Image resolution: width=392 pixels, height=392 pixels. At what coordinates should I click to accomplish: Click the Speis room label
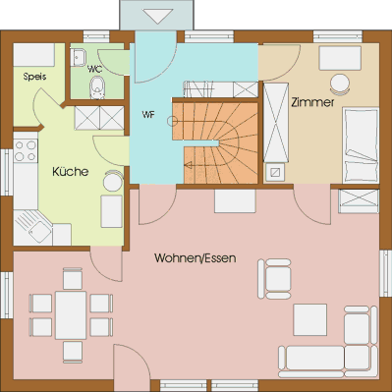coord(34,77)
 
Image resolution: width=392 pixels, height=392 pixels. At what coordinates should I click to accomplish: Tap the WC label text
coord(94,69)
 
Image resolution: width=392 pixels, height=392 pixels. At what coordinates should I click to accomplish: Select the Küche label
coord(71,172)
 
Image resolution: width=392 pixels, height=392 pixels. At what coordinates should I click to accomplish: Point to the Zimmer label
coord(312,102)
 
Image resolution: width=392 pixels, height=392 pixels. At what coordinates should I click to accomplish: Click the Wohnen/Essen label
coord(196,258)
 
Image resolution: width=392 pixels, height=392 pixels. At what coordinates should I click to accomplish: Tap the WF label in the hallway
coord(148,115)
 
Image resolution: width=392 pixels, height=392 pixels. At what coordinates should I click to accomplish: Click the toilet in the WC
coord(97,87)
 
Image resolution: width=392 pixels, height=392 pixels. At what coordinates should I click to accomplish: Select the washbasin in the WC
coord(78,57)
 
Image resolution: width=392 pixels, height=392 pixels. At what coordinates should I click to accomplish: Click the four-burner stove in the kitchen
coord(26,150)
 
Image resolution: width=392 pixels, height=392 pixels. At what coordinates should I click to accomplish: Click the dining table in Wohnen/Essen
coord(71,315)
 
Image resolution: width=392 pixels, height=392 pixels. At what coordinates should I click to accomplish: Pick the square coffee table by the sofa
coord(310,319)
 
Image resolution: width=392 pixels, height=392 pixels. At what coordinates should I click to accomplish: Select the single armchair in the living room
coord(274,279)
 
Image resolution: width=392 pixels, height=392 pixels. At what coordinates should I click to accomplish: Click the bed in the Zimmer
coord(361,145)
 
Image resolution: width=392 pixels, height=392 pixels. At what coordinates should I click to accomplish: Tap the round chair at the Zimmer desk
coord(340,84)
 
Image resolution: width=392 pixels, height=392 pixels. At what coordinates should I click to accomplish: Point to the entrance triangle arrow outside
coord(158,16)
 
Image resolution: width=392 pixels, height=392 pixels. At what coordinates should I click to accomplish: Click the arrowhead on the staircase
coord(188,165)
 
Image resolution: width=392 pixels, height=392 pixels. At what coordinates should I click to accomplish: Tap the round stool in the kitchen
coord(113,181)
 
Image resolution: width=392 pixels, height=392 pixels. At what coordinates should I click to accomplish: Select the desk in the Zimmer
coord(340,58)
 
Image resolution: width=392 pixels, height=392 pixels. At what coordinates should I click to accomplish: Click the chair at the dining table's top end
coord(73,278)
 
